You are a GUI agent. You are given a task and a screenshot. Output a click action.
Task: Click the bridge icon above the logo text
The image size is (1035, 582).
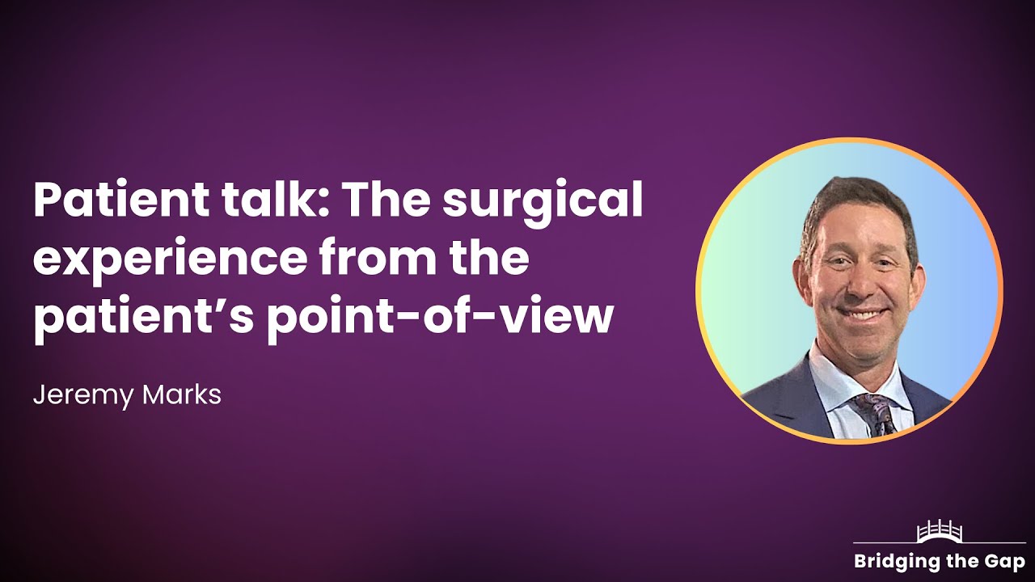tap(938, 533)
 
